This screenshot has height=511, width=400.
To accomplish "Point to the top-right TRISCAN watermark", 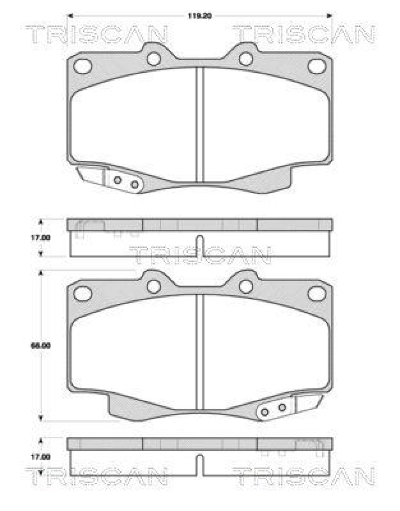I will click(x=303, y=35).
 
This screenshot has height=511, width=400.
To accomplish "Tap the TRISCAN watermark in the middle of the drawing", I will click(x=200, y=256).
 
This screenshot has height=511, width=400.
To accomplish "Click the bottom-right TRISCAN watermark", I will click(x=303, y=475).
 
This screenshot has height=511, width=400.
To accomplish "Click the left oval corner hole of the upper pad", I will click(x=83, y=66).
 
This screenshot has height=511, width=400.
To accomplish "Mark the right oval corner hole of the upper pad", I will click(x=317, y=66).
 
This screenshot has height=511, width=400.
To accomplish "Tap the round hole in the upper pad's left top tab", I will click(x=153, y=59).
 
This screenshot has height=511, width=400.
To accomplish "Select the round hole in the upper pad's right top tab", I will click(x=246, y=59).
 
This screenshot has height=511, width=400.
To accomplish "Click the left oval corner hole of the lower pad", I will click(x=83, y=293).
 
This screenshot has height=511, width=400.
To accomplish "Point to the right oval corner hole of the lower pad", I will click(x=317, y=293).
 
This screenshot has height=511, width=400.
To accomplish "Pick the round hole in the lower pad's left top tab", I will click(x=153, y=287).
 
